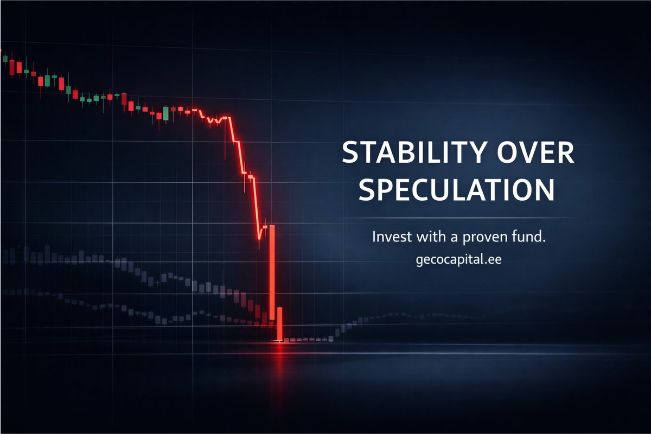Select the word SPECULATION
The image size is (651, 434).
click(457, 190)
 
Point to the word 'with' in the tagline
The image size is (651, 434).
click(426, 237)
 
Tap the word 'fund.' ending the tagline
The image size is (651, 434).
click(525, 237)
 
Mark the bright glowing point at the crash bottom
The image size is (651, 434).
click(279, 341)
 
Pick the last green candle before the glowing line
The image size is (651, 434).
click(166, 113)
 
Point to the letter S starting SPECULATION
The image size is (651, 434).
click(368, 190)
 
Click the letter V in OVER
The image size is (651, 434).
click(528, 154)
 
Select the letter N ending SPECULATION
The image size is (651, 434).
click(544, 190)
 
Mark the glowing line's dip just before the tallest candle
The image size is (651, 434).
click(259, 238)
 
